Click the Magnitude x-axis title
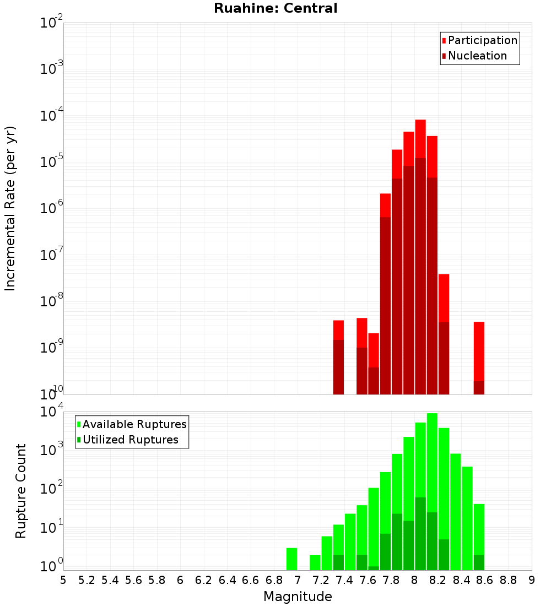(298, 597)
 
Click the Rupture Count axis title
(21, 490)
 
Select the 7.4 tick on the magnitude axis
(344, 580)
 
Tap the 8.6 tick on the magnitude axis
(485, 580)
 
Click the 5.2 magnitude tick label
(87, 580)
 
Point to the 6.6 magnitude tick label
(251, 580)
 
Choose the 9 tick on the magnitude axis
(532, 580)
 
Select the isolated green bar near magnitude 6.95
(291, 559)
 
